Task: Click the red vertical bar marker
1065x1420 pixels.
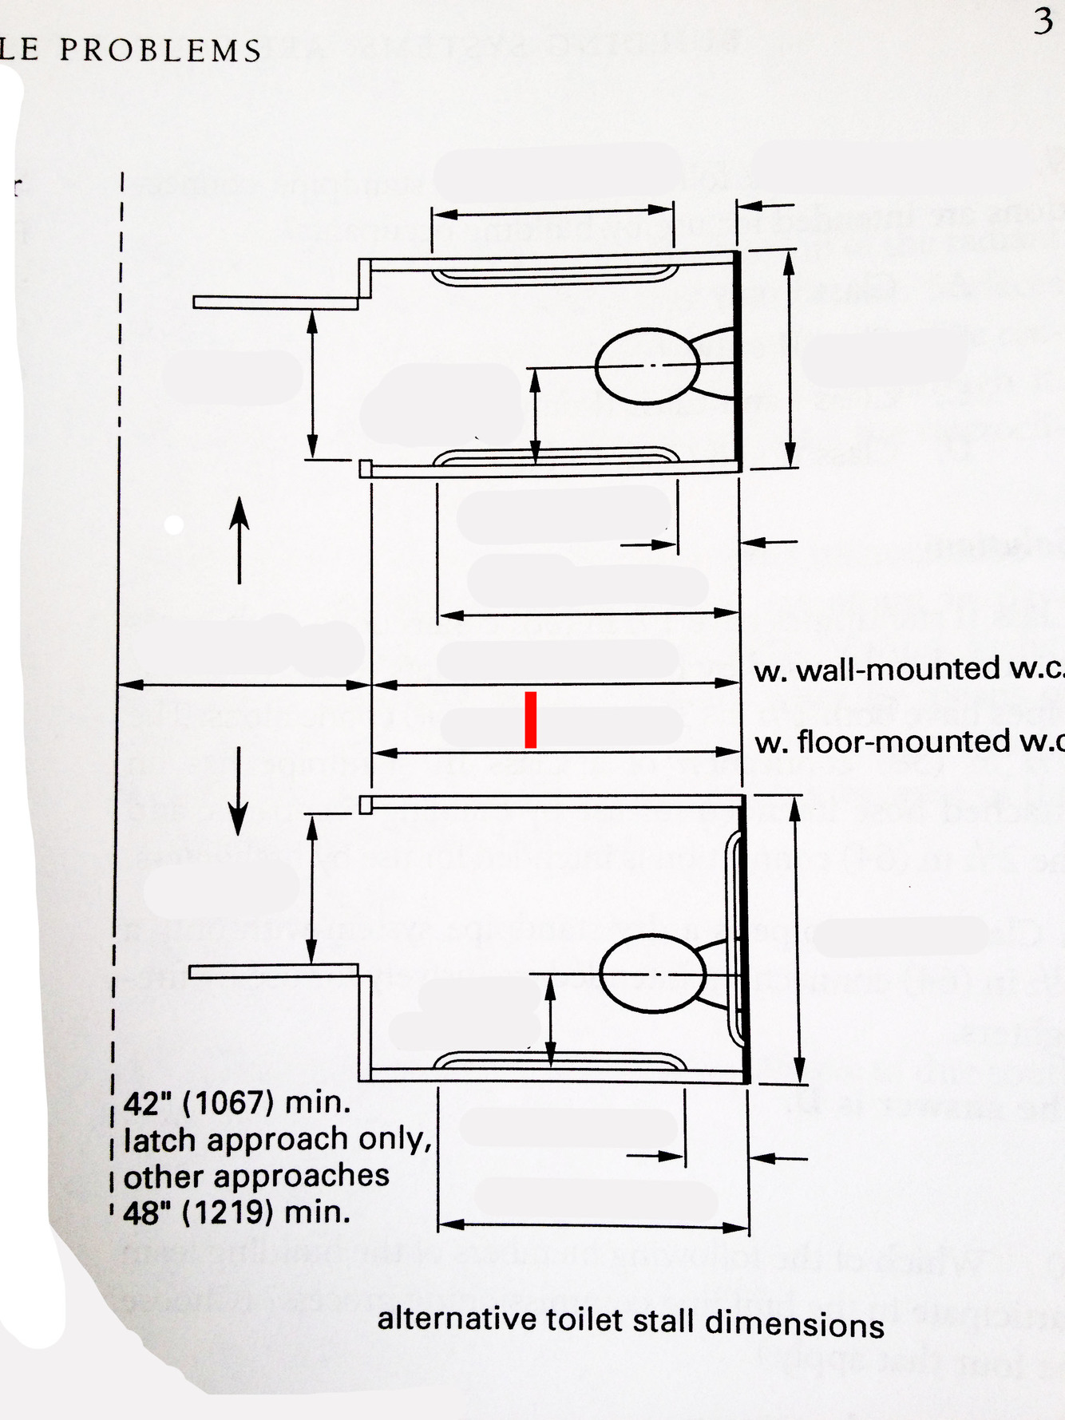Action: [530, 720]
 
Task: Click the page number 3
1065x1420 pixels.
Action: [1043, 22]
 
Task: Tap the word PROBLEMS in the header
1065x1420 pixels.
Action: [160, 51]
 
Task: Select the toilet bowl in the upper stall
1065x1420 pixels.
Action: [647, 366]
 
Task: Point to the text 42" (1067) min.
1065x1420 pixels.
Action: [237, 1103]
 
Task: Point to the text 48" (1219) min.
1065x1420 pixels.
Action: [237, 1212]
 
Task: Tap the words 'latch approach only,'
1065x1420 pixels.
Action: [277, 1140]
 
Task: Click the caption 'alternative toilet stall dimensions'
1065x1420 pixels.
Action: [631, 1321]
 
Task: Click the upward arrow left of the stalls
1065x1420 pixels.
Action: [240, 539]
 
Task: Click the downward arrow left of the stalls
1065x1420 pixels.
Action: [238, 790]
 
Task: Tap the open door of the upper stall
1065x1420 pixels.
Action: [275, 303]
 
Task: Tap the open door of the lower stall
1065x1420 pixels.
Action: [273, 971]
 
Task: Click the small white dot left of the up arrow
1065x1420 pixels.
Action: [173, 524]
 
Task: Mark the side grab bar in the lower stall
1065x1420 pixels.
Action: [558, 1061]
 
